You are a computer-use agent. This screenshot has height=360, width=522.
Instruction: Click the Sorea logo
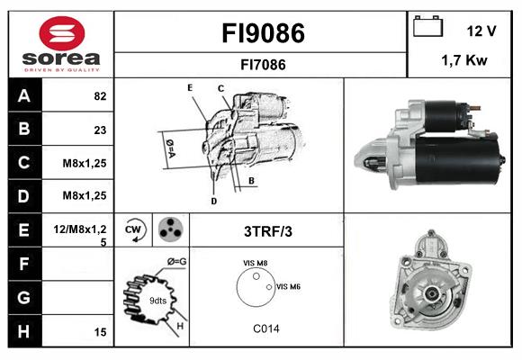61,45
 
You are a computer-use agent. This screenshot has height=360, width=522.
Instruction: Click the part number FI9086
263,33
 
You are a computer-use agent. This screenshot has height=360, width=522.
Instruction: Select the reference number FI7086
263,65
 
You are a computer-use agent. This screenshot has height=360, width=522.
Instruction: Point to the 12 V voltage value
481,31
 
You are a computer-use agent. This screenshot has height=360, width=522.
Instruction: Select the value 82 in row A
100,96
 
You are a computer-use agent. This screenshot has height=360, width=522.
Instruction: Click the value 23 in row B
100,130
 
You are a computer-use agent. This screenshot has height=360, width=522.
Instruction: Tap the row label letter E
23,230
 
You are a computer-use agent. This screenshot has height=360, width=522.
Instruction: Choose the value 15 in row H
100,332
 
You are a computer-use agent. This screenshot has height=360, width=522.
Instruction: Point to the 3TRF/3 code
268,231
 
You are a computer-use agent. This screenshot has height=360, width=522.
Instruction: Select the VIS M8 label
256,263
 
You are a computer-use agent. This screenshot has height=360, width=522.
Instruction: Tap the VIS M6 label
288,286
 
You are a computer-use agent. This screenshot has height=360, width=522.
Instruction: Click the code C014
265,328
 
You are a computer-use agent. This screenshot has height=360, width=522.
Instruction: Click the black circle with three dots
169,230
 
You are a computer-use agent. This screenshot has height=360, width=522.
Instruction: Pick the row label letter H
23,331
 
